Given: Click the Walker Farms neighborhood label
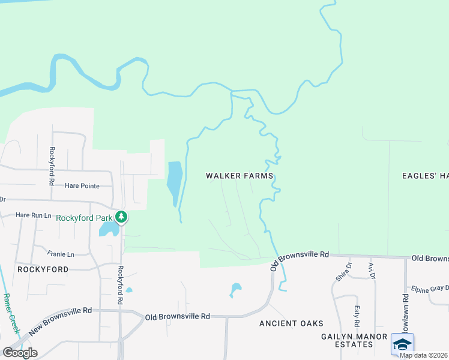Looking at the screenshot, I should coord(240,176).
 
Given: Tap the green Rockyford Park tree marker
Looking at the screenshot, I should coord(121,217).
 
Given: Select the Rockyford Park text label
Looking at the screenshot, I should coord(84,218).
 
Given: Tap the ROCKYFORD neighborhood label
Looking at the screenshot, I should coord(43,269).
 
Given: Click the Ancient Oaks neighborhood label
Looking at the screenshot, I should coord(291,323).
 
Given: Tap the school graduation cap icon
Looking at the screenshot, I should coord(402,344).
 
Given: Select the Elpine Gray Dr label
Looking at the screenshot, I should coord(427,288).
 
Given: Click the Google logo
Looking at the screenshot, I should coord(20,353).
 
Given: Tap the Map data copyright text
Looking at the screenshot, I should coord(424,355).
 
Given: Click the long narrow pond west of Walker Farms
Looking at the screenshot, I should coord(174,182).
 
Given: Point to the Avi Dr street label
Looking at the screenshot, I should coord(371,271).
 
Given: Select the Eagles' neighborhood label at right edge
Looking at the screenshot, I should coord(426,176).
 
